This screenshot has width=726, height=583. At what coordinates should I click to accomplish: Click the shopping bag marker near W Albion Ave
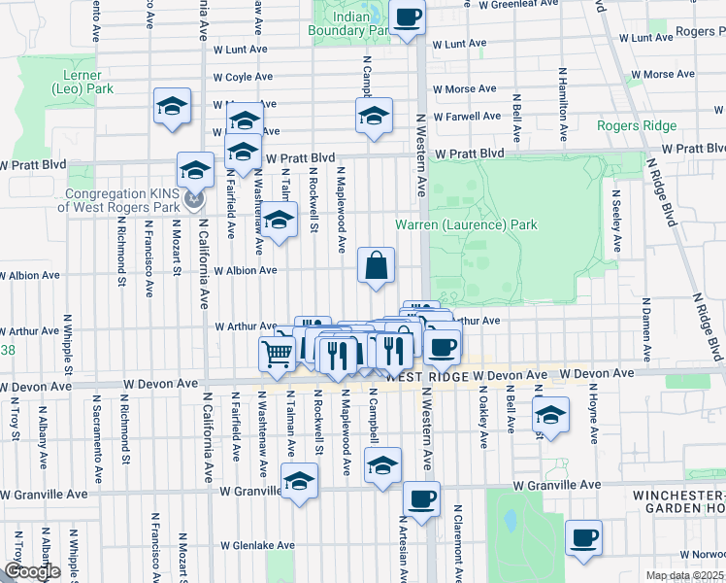[x=376, y=264]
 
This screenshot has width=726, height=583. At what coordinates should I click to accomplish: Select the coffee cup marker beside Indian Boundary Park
[x=407, y=17]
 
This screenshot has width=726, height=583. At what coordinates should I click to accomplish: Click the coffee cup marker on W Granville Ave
[x=421, y=499]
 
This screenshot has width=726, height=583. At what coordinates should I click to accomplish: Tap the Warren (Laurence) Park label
[x=466, y=224]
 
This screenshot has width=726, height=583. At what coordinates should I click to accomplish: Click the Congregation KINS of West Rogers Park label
[x=118, y=200]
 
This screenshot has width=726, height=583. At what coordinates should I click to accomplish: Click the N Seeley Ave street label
[x=615, y=220]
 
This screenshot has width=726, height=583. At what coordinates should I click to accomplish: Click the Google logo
[x=32, y=571]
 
